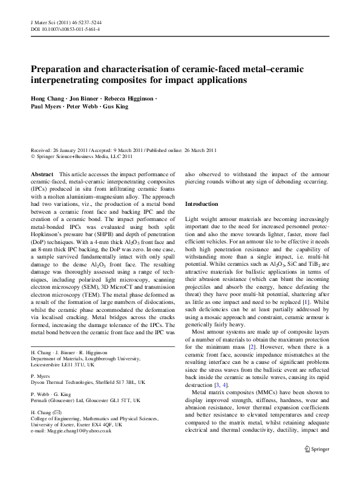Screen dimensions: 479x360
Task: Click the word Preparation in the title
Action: pos(61,70)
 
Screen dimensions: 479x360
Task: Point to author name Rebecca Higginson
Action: pos(129,98)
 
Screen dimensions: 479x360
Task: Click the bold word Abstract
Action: pos(42,174)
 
